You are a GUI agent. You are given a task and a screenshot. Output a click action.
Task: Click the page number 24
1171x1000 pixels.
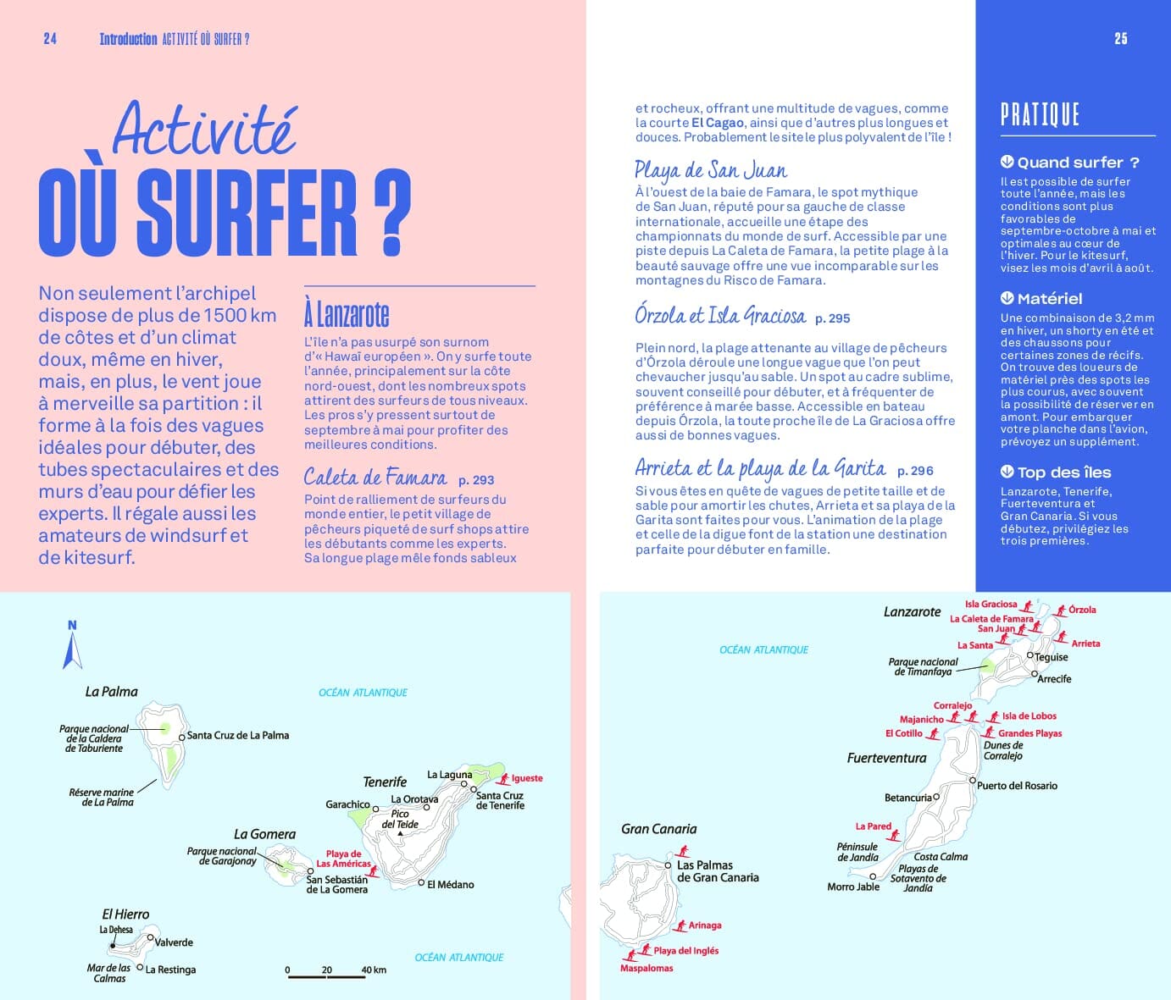(x=50, y=39)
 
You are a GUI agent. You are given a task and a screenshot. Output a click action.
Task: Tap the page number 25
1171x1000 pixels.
(x=1121, y=39)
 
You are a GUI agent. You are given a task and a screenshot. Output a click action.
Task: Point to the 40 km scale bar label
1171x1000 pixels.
(x=374, y=970)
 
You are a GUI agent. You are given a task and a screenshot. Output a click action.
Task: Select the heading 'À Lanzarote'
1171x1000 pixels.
(x=347, y=314)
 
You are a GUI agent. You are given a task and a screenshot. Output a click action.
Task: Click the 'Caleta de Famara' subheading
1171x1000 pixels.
(x=375, y=478)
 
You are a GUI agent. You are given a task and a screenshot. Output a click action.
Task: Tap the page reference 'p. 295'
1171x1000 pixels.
(x=832, y=318)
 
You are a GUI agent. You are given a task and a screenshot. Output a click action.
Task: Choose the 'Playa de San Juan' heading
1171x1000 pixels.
(x=711, y=171)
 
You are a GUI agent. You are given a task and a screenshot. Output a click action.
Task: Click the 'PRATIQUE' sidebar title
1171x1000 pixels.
(x=1040, y=114)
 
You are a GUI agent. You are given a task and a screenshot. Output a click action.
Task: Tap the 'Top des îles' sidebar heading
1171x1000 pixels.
(x=1063, y=472)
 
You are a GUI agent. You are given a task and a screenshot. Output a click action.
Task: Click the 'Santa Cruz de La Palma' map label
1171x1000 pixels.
(x=237, y=735)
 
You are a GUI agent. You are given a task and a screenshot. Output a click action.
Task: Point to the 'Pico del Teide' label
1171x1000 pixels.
(x=400, y=819)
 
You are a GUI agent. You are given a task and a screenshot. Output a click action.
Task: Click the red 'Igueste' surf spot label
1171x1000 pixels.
(x=527, y=778)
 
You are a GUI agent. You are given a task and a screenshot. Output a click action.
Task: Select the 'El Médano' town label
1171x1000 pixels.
(x=450, y=884)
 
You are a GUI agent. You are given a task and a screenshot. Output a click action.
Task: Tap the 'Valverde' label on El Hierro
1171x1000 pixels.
(x=174, y=942)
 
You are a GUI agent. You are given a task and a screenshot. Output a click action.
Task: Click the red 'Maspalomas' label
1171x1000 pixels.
(x=647, y=968)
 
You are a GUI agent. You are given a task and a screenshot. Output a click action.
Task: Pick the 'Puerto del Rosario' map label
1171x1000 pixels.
(x=1017, y=786)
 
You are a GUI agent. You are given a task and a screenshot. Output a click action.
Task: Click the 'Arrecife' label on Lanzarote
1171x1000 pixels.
(x=1054, y=679)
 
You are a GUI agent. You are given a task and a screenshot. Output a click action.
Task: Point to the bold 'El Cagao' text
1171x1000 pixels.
(x=718, y=123)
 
